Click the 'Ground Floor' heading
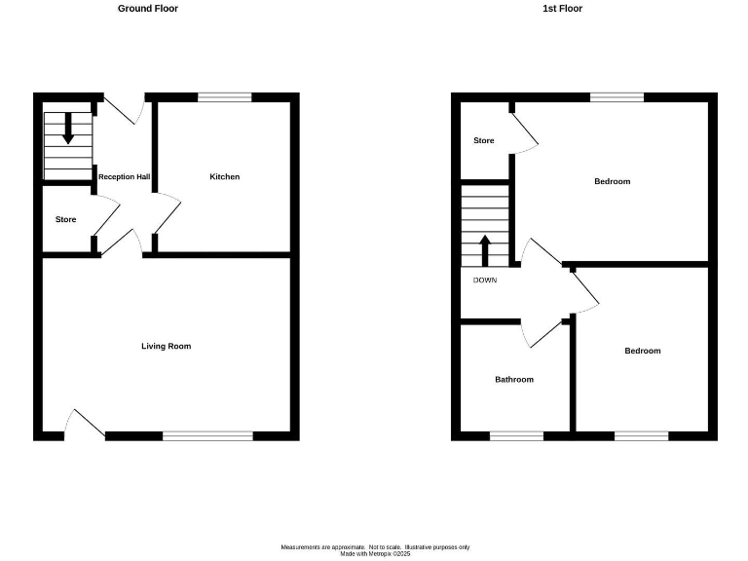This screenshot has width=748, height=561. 148,9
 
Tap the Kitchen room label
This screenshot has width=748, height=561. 225,177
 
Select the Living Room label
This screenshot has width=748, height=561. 166,347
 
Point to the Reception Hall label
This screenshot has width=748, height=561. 124,177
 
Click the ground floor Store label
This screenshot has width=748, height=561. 65,220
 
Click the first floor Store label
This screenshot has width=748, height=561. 484,141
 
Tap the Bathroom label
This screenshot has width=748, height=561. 514,380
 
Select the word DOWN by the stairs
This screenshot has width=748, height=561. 485,280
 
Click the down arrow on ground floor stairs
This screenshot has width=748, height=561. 68,129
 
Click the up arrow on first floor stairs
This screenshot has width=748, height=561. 485,249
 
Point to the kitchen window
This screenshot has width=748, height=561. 225,97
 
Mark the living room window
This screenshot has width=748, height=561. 207,435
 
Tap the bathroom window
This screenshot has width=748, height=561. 516,435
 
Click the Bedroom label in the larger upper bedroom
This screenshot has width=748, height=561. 613,182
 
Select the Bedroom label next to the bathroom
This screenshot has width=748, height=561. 643,352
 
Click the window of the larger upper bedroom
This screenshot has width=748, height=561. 617,97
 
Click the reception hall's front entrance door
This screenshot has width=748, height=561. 124,110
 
